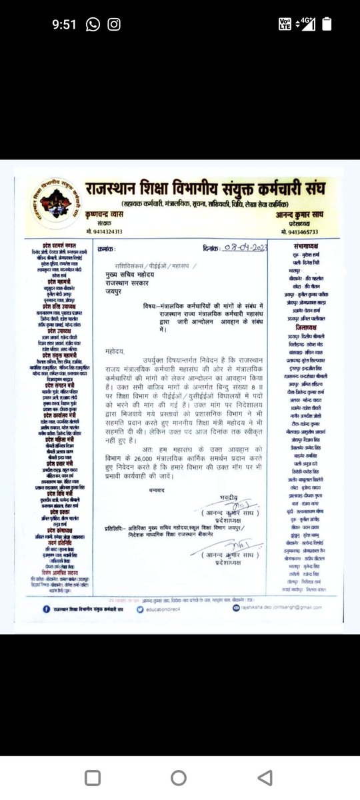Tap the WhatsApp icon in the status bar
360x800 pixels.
point(93,25)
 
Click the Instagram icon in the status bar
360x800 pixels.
point(114,25)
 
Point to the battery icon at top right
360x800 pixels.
point(327,25)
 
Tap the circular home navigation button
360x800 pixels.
point(179,777)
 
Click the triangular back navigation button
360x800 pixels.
point(268,777)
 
